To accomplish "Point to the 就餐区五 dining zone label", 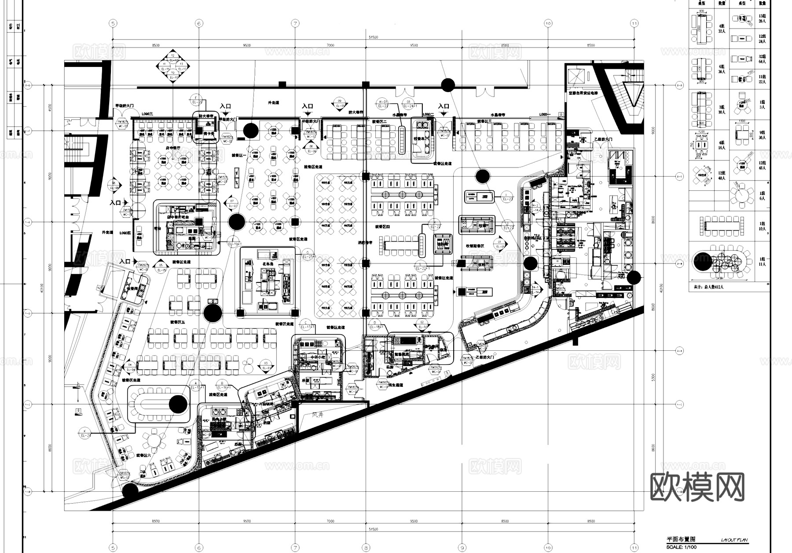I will point(178,322).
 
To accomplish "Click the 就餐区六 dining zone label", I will point(143,455).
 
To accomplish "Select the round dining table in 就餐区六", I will point(154,439).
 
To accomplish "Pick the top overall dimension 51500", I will point(373,37).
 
